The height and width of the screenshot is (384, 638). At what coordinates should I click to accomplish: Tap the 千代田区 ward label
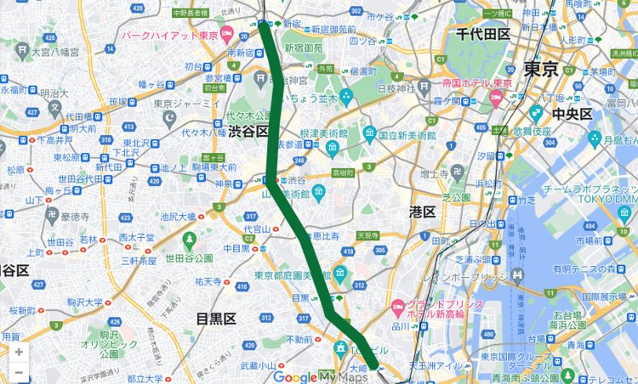(481, 34)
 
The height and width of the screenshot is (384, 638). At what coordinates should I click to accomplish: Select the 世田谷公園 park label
(189, 257)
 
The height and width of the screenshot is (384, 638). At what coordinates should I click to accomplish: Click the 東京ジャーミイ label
(188, 104)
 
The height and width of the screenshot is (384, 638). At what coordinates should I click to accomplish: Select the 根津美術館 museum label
(332, 133)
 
